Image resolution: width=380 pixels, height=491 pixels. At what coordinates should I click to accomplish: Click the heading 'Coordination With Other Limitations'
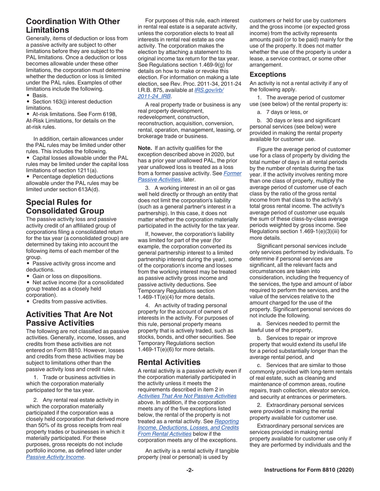pyautogui.click(x=73, y=25)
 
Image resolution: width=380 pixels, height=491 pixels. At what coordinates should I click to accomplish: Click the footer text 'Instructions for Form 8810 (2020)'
pyautogui.click(x=309, y=470)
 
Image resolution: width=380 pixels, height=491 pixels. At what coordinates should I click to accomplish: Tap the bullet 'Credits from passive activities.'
pyautogui.click(x=70, y=290)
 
